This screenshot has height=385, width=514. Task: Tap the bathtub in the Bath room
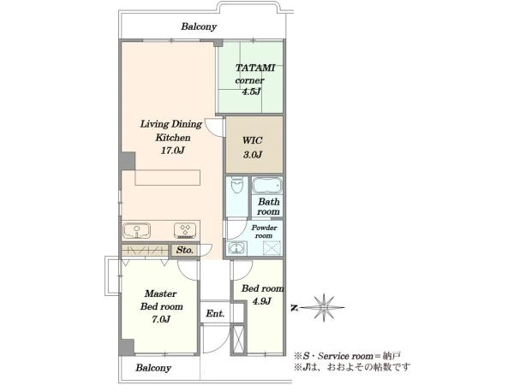coord(266,186)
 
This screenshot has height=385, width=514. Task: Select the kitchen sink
coord(137,230)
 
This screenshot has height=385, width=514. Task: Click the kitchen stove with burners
coord(185,230)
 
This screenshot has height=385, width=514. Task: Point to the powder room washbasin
coord(237,248)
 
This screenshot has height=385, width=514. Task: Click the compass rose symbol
coord(323,307)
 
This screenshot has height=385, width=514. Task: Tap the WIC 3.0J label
coord(253,147)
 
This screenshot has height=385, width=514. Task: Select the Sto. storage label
coord(184,250)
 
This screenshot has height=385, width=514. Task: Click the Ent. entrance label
coord(215,314)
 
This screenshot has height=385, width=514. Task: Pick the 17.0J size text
coord(173,151)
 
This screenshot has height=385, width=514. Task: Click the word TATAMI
coord(255,68)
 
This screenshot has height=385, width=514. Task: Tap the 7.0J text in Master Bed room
coord(161,319)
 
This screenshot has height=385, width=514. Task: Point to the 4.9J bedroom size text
coord(261,300)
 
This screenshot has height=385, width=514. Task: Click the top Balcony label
coord(199,27)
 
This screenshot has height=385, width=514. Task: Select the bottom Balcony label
coord(153,368)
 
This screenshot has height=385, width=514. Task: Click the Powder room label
coord(264,231)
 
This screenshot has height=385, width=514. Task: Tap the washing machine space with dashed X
coord(272,247)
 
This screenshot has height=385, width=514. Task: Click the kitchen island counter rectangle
coord(167,177)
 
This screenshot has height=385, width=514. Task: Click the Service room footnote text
coord(348,356)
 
